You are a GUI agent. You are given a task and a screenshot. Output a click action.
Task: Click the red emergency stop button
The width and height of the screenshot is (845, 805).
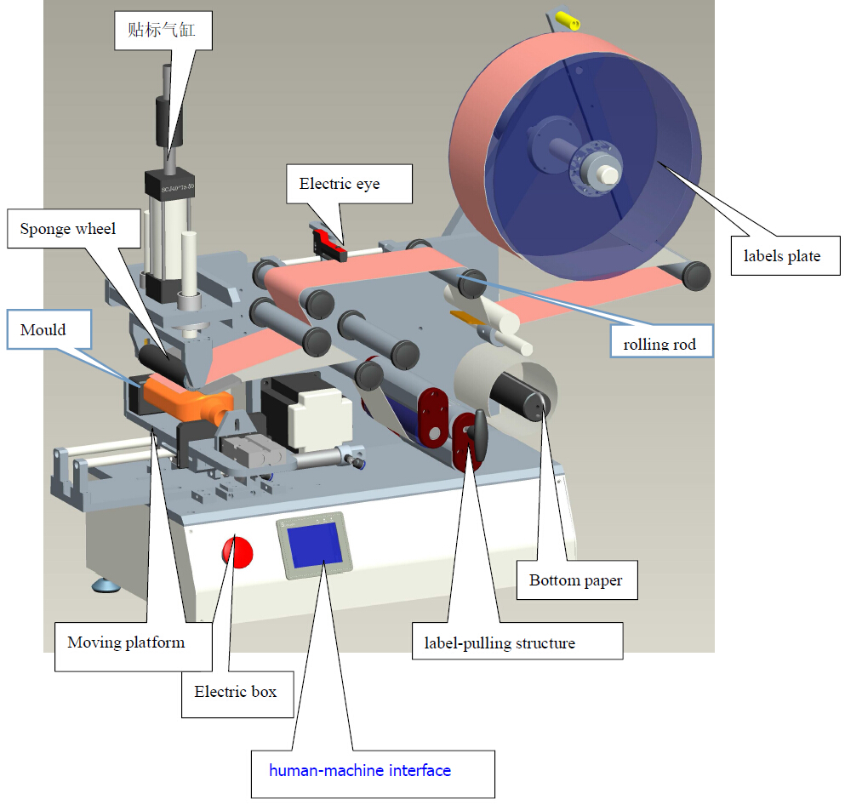point(237,551)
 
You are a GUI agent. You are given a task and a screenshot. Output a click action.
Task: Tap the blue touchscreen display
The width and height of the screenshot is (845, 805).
point(315,545)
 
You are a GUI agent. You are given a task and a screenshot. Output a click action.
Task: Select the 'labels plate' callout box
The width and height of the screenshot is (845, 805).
point(781,255)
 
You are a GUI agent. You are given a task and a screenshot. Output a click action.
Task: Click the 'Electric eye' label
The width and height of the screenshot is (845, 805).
point(340,184)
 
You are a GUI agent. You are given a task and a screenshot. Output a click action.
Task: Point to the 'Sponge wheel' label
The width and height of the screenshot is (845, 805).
point(68,229)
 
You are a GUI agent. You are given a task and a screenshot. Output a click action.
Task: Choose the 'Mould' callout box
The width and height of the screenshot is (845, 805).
point(43,329)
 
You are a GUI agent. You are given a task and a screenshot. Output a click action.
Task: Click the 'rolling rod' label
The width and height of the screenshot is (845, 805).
point(659,344)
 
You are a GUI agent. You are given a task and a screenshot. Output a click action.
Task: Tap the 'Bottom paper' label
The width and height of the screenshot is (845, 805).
point(575,580)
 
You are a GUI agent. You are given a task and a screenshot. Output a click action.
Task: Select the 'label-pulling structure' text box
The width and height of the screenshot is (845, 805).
point(500,642)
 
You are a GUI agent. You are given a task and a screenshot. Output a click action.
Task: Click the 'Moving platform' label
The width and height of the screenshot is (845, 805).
point(126,642)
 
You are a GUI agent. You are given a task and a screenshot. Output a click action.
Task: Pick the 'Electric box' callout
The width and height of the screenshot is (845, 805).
point(235,691)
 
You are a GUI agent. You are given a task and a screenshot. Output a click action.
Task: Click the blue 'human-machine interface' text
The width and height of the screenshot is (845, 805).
point(360,770)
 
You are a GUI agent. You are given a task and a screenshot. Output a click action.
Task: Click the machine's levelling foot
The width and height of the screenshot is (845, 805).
point(107,585)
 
